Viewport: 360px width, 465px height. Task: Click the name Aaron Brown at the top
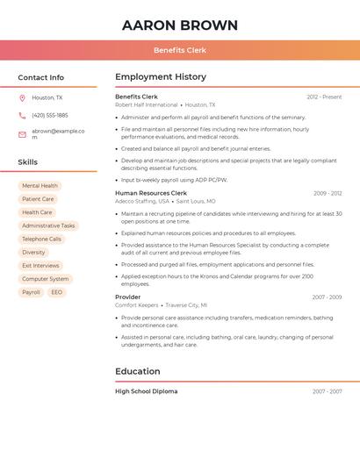(x=180, y=25)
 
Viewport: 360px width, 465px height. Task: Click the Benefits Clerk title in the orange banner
(x=180, y=50)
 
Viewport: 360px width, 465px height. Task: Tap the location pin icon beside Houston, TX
(x=22, y=97)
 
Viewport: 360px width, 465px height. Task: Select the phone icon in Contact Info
(x=22, y=115)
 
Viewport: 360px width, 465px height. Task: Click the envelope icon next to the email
(x=22, y=134)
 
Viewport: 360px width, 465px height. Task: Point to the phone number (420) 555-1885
(x=50, y=115)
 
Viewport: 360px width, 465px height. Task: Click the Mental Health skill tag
(x=40, y=186)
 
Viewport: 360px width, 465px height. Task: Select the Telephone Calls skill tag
(x=41, y=239)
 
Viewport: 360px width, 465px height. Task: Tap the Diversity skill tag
(x=33, y=252)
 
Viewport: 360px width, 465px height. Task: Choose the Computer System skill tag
(x=46, y=279)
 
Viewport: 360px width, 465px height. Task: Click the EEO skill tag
(x=57, y=292)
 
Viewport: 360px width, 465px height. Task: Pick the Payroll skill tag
(x=31, y=292)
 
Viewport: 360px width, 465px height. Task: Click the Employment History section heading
(x=161, y=76)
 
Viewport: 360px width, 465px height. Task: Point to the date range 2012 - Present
(x=324, y=97)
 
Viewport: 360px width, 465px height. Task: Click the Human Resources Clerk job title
(x=151, y=193)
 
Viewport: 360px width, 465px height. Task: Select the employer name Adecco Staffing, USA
(x=142, y=201)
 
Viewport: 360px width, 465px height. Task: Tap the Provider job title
(x=127, y=297)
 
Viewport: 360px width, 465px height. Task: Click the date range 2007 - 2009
(x=327, y=297)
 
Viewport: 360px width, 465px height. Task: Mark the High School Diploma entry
(x=146, y=391)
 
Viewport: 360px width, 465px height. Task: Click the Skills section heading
(x=27, y=161)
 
